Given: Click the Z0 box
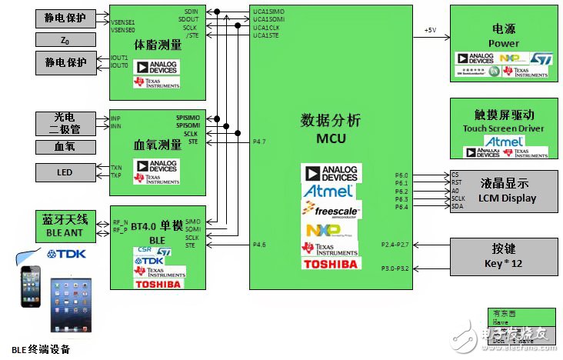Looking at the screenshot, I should click(x=65, y=39).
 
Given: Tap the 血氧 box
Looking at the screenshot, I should click(x=65, y=146).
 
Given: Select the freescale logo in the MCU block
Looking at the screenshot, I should click(x=331, y=209).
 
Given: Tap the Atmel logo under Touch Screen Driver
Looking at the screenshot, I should click(x=505, y=142).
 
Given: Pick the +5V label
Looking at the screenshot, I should click(x=431, y=30).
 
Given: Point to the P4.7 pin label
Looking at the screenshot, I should click(x=260, y=142).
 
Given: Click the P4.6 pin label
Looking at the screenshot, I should click(x=260, y=246).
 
